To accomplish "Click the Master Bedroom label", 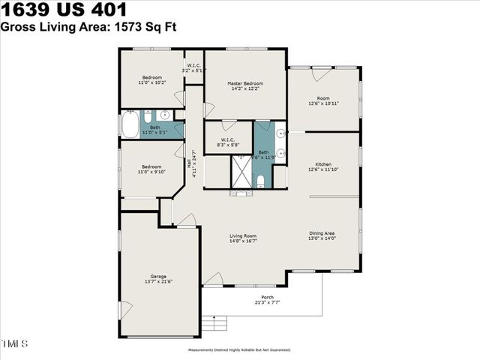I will click(x=244, y=82).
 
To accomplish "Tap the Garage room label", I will click(x=158, y=276).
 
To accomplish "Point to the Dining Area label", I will click(x=322, y=233).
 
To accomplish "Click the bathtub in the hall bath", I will click(x=130, y=124).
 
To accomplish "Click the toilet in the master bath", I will click(x=259, y=181).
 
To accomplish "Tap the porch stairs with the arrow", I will click(x=216, y=322).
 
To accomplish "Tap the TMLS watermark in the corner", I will click(x=15, y=344).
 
